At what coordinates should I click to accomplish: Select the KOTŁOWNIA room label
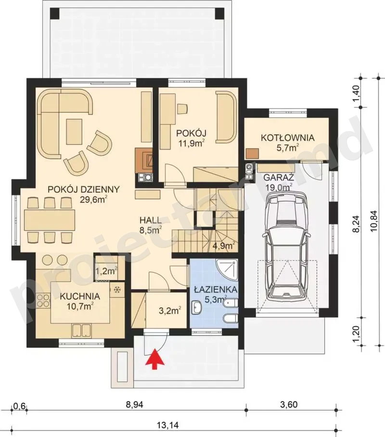click(288, 138)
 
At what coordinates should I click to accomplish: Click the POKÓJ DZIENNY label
click(84, 189)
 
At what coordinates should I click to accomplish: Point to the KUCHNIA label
click(80, 296)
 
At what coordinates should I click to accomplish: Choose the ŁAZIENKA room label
click(216, 289)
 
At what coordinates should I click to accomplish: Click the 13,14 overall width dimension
click(167, 425)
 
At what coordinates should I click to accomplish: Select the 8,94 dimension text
click(134, 404)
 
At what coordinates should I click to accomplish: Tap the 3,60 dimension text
click(289, 404)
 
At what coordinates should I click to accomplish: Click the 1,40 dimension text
click(356, 93)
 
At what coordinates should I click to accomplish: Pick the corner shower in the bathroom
click(227, 270)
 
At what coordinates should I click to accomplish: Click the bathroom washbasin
click(197, 307)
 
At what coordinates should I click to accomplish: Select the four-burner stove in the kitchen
click(43, 300)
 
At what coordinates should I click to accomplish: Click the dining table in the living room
click(50, 220)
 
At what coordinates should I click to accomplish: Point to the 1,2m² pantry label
click(106, 271)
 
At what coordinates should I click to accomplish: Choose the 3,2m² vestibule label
click(170, 310)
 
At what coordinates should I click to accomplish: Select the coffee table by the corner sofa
click(74, 132)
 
